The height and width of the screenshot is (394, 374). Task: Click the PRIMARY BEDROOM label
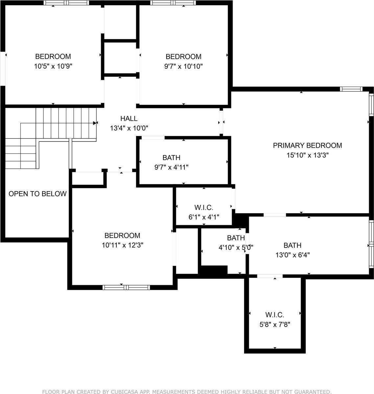click(x=307, y=145)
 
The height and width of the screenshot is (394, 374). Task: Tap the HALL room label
click(x=129, y=119)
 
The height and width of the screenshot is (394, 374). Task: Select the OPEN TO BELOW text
click(x=37, y=194)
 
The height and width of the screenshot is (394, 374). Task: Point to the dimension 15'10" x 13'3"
click(x=307, y=155)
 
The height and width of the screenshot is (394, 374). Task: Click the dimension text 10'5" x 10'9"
click(x=53, y=66)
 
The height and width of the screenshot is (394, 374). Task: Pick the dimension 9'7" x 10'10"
click(x=183, y=66)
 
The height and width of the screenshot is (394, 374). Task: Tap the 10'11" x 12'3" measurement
click(x=122, y=245)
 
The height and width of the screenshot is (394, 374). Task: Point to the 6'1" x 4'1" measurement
click(x=204, y=217)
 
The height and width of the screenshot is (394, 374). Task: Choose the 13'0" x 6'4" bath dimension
click(x=292, y=255)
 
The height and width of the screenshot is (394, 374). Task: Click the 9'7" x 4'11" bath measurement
click(x=171, y=167)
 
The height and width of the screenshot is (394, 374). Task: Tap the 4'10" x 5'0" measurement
click(x=236, y=247)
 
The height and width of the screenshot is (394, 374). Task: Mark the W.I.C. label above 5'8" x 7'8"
click(x=275, y=315)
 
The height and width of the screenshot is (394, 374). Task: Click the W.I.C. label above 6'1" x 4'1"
click(x=204, y=208)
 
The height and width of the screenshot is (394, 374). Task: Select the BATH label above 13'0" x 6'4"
click(x=292, y=245)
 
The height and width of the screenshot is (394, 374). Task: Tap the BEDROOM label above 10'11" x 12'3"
click(x=122, y=235)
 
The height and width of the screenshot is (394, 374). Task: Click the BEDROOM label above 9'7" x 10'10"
click(x=183, y=56)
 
